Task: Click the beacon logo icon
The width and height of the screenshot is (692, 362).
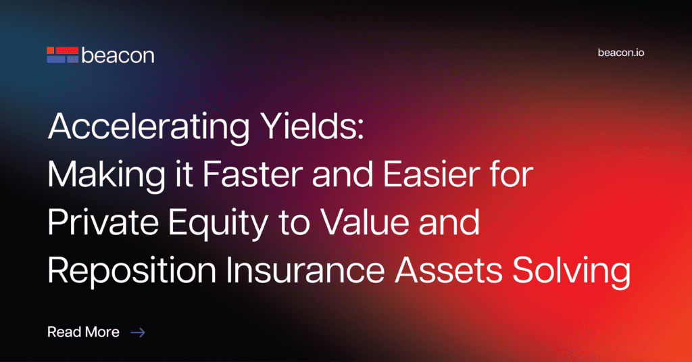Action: coord(63,55)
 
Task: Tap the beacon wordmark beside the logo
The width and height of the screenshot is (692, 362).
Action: coord(118,55)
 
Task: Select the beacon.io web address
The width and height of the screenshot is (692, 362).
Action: coord(621,53)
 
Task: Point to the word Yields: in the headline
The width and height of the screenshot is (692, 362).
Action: coord(312,126)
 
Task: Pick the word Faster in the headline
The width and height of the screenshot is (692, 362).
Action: coord(253,175)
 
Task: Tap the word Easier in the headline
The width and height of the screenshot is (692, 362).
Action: coord(431,175)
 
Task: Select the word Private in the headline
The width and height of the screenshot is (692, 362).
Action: coord(103,222)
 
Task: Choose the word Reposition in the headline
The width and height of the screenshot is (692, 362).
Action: coord(132,271)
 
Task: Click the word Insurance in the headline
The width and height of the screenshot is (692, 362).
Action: coord(305,270)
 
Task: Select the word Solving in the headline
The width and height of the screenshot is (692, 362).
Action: coord(572,271)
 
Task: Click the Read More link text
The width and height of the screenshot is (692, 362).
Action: coord(83,332)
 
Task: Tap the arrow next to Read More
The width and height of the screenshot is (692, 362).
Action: coord(138,332)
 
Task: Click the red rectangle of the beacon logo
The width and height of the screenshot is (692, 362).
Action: coord(67,51)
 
